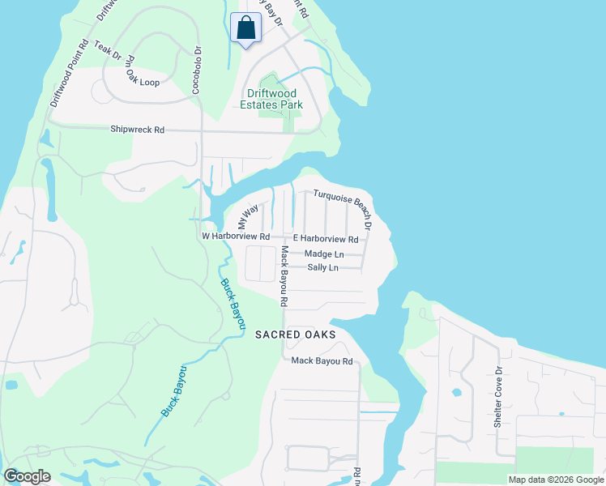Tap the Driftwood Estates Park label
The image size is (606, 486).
pos(271,99)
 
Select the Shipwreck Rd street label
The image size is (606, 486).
pos(138,130)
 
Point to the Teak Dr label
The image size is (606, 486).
pos(108,51)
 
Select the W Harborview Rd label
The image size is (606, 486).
pos(235,236)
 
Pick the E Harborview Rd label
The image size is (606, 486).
pos(325,239)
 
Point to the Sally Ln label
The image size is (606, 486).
pos(322,267)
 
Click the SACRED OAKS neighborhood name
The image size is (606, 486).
pos(295,334)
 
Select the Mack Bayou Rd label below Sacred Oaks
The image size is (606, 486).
pos(322,360)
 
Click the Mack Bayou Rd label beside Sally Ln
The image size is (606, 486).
pos(285,276)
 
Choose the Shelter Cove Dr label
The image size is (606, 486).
pos(498,396)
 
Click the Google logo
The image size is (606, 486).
pos(28,476)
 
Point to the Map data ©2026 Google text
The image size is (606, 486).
pos(555,480)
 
